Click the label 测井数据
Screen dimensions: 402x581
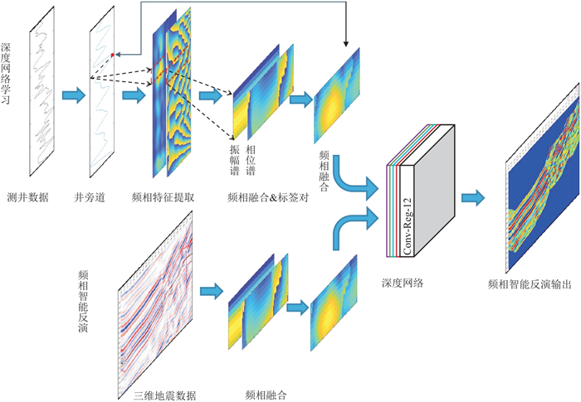coord(27,197)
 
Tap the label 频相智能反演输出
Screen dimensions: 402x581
coord(530,283)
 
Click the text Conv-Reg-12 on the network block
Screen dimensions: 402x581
coord(408,224)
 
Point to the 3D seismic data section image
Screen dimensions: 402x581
coord(154,298)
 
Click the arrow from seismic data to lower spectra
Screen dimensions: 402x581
coord(212,292)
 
